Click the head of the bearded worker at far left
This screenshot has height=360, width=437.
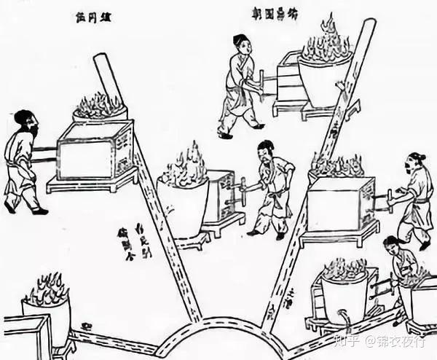pyautogui.click(x=25, y=121)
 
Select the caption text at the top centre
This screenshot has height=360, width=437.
pyautogui.click(x=275, y=14)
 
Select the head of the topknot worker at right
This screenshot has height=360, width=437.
pyautogui.click(x=416, y=161)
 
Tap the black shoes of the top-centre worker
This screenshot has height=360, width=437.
pyautogui.click(x=241, y=131)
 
